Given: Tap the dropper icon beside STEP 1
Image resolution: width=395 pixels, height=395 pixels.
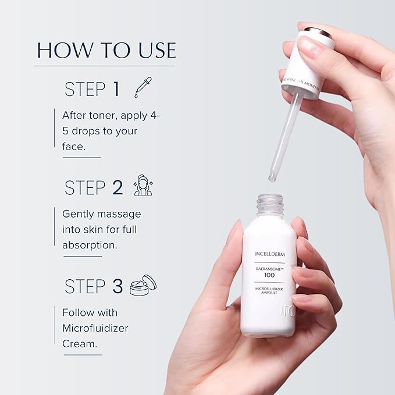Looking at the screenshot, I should pos(141,87).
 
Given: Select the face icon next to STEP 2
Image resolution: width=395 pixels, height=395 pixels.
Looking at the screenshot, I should pos(142,186).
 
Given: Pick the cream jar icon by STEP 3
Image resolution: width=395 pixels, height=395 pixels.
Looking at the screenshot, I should pos(143,285).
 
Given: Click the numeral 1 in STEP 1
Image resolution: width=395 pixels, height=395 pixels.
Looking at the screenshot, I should pos(116,89).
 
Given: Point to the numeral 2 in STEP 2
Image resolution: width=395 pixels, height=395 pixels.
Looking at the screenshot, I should pos(117,188).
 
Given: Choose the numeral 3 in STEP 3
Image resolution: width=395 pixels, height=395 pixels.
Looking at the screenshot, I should pos(118,286).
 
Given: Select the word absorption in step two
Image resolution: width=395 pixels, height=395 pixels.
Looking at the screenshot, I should pos(90,244).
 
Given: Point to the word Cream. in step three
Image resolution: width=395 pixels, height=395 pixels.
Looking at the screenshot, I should pos(78,343).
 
